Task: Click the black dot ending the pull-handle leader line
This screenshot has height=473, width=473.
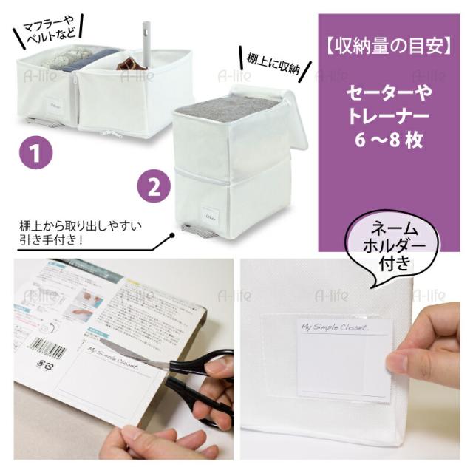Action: [x=172, y=235]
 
